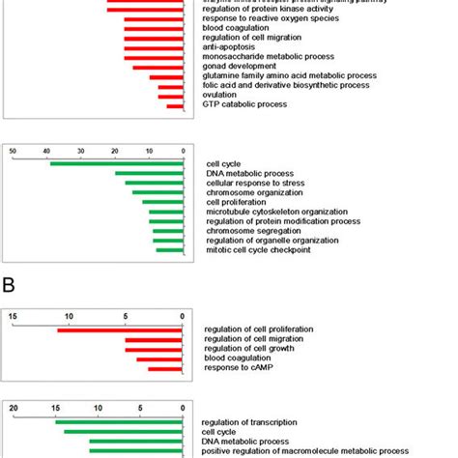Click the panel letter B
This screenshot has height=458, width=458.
coord(9,286)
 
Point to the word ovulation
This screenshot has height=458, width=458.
coord(221,95)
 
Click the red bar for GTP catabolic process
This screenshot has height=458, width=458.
coord(175,105)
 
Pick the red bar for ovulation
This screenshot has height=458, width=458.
coord(171,96)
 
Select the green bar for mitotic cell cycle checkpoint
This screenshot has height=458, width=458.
coord(170,250)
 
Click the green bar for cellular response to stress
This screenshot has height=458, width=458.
coord(154,183)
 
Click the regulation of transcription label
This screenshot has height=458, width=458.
coord(253,422)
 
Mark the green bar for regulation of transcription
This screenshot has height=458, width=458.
coord(119,422)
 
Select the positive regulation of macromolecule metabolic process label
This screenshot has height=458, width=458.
coord(304,450)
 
